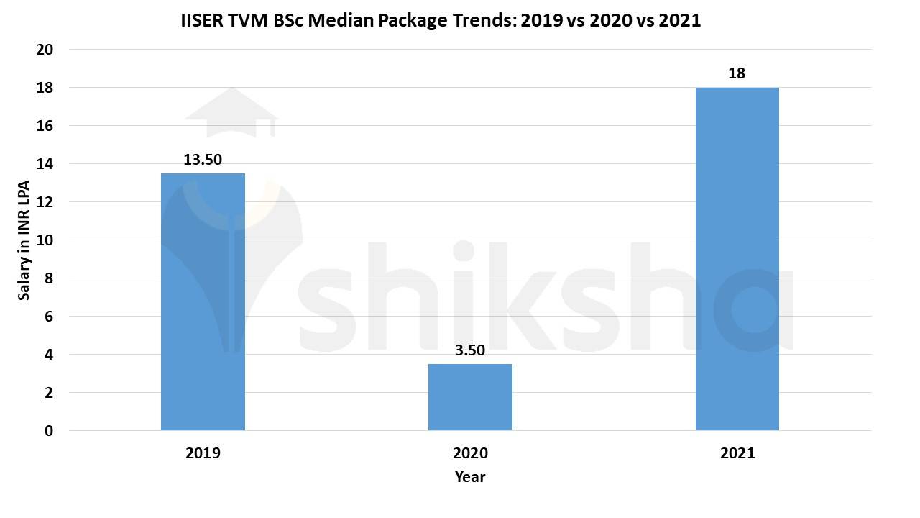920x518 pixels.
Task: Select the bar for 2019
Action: (x=203, y=302)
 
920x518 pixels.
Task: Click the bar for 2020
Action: (x=470, y=397)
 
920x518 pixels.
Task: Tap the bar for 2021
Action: (x=737, y=259)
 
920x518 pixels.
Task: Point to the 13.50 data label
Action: (x=203, y=160)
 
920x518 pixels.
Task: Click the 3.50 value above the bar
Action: (x=470, y=350)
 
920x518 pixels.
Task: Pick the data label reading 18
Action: (x=737, y=73)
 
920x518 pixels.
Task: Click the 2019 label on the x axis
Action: (x=203, y=453)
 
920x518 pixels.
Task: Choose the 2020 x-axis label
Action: (x=470, y=453)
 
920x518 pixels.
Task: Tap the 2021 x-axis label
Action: (x=737, y=453)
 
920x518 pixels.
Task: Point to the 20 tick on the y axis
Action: (x=45, y=50)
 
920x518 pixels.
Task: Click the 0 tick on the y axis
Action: (x=49, y=431)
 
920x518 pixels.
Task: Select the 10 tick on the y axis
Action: (x=45, y=240)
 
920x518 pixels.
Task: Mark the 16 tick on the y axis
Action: (x=45, y=126)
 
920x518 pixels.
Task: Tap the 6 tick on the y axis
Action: (x=49, y=317)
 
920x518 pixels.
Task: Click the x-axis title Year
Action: (x=470, y=477)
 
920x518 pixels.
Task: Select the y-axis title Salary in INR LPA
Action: (x=24, y=240)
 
